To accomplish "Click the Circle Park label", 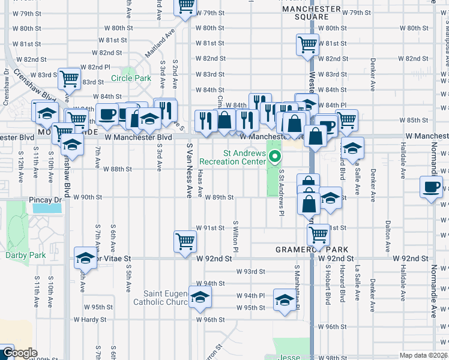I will (x=135, y=78).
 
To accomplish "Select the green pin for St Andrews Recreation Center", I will (x=276, y=158).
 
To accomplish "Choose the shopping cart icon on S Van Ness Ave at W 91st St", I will (x=185, y=242).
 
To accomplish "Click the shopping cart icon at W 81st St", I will (x=307, y=44).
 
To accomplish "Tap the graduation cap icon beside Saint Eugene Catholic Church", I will (x=200, y=297).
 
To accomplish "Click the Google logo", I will (x=19, y=353).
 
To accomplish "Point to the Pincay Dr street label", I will (x=45, y=197).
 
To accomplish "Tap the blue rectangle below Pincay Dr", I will (x=47, y=208).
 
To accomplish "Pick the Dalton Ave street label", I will (x=388, y=233).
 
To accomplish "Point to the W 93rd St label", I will (x=250, y=271).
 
